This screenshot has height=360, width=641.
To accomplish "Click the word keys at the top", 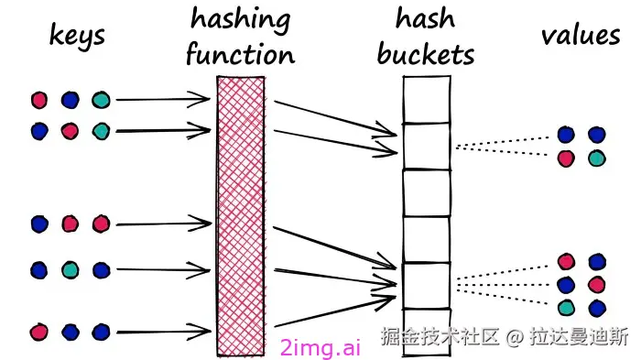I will point(77,36).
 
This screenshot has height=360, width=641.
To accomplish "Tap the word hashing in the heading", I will point(240,19).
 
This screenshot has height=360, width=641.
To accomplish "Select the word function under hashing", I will point(240,53).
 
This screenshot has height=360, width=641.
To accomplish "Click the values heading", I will point(580,36).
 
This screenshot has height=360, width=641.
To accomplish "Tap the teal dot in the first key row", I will point(100,100).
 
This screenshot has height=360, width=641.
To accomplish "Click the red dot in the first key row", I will point(38,100).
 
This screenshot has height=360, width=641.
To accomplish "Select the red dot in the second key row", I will point(70,130).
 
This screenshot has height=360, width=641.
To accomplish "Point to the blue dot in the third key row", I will point(38,224).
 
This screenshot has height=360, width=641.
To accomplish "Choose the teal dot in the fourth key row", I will point(70,270).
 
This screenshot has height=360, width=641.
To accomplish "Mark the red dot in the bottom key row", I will point(38,331).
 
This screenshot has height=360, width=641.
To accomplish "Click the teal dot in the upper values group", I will point(596,158).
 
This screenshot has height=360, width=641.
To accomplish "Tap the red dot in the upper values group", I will point(566,158).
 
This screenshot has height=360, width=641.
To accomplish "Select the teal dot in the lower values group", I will point(566,307).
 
